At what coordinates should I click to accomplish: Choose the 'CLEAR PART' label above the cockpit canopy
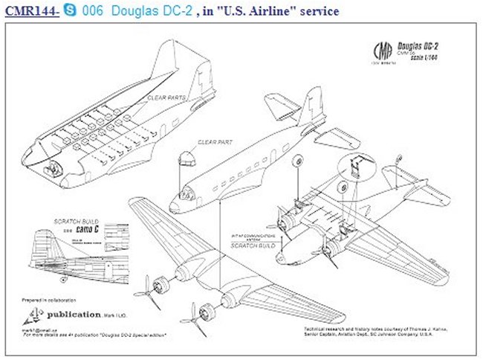213,141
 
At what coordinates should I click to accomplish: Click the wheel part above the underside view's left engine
297,161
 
